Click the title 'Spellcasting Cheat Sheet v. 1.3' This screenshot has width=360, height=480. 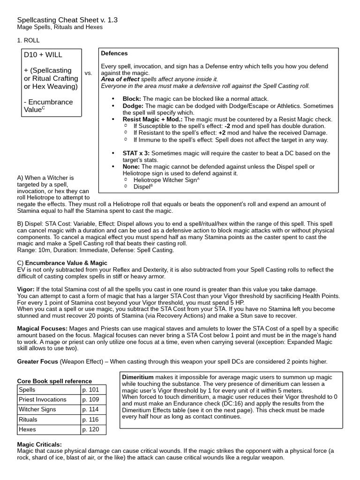tap(67, 20)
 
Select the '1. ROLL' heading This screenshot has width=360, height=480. tap(28, 40)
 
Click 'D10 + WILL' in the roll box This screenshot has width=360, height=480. tap(43, 55)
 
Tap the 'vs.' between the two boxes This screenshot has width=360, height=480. tap(89, 73)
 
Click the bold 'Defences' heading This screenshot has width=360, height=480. tap(114, 53)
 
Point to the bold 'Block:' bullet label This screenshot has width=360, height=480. tap(132, 99)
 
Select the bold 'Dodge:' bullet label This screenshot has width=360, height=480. tap(133, 106)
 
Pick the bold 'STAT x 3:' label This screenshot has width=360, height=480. tap(136, 153)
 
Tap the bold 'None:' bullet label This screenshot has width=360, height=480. tap(131, 166)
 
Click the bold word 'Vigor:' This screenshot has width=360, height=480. tap(26, 289)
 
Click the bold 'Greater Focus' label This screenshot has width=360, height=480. tap(37, 361)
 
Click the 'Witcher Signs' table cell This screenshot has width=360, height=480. tap(37, 409)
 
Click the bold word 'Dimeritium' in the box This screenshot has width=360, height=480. tap(138, 377)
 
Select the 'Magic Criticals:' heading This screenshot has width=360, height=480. tap(39, 444)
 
